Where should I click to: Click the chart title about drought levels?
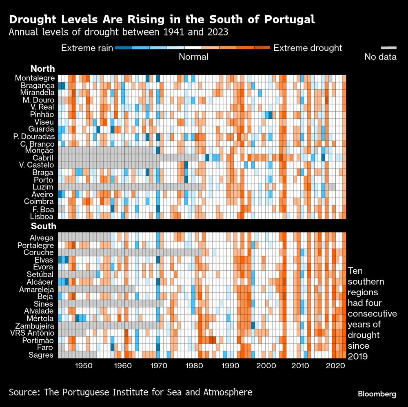pyautogui.click(x=162, y=20)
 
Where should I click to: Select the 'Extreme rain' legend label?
pyautogui.click(x=87, y=48)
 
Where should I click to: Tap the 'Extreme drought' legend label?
pyautogui.click(x=308, y=48)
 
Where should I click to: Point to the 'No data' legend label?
pyautogui.click(x=380, y=57)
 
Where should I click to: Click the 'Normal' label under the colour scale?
pyautogui.click(x=193, y=57)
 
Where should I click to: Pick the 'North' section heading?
pyautogui.click(x=42, y=69)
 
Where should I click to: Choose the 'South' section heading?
pyautogui.click(x=42, y=226)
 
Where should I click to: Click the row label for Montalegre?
pyautogui.click(x=34, y=78)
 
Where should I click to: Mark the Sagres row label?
pyautogui.click(x=41, y=355)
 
